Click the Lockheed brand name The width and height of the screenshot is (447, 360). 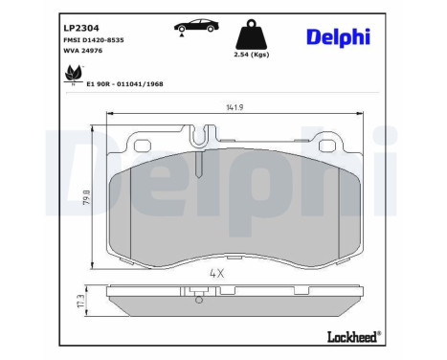tap(349, 335)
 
